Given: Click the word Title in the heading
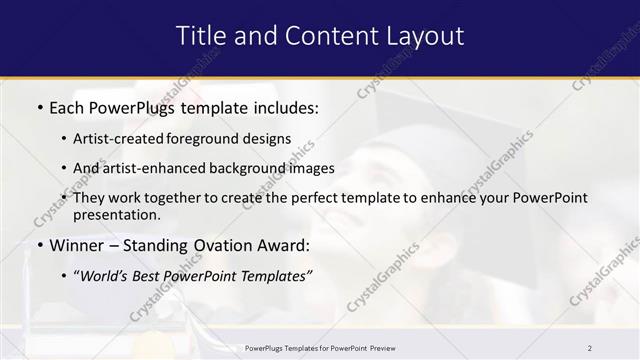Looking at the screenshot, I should [200, 36].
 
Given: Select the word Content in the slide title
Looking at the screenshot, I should [324, 36].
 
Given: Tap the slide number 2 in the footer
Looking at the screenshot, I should [589, 348].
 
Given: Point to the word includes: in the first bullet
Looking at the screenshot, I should [287, 106].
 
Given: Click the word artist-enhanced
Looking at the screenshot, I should [149, 168].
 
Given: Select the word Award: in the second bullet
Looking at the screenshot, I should [282, 245].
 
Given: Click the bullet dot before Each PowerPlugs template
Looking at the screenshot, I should [39, 106].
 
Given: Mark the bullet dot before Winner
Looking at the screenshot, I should [39, 245].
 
